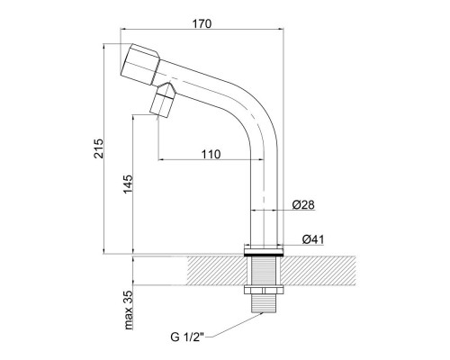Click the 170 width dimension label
point(202,23)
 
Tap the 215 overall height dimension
point(98,148)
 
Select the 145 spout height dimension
point(128,184)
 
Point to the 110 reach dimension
point(211,154)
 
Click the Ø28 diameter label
point(303,204)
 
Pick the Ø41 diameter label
point(313,239)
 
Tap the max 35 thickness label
point(128,310)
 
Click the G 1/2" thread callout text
point(187,337)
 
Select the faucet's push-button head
point(139,64)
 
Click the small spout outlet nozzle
point(163,101)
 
